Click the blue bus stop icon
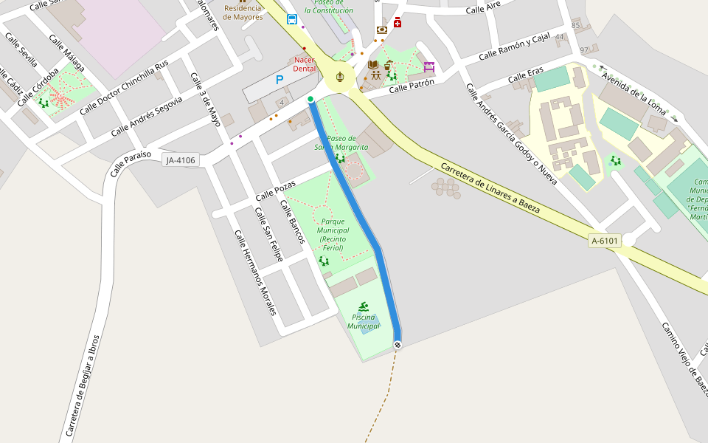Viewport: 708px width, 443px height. [292, 19]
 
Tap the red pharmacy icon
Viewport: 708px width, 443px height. [398, 22]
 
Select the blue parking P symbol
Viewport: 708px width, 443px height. [280, 80]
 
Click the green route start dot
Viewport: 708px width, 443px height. [310, 99]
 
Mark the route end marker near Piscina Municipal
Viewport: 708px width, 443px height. [398, 345]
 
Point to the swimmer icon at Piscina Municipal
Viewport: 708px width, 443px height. [364, 306]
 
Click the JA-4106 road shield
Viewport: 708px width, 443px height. [181, 159]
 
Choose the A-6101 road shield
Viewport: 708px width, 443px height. [605, 241]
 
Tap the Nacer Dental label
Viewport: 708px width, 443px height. [304, 64]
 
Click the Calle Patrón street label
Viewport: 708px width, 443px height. [412, 86]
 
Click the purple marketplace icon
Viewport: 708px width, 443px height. [429, 67]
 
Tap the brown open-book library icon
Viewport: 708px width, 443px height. [373, 64]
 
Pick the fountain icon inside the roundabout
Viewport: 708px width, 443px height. [339, 76]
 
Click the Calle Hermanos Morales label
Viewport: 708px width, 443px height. [255, 272]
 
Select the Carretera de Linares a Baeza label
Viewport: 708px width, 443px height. [490, 188]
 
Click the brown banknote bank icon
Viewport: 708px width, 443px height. [382, 30]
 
